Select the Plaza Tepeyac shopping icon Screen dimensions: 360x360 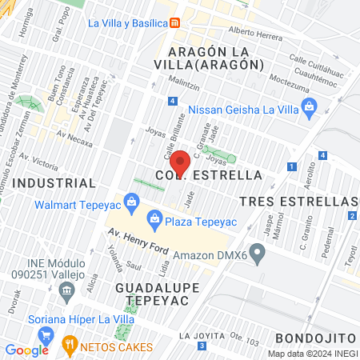(x=153, y=218)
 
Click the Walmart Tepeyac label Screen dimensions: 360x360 (x=82, y=203)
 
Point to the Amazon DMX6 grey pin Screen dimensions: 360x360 (x=257, y=255)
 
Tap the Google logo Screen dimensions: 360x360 (x=26, y=350)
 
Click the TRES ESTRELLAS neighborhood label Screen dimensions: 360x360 (x=299, y=199)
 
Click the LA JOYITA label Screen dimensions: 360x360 (x=196, y=334)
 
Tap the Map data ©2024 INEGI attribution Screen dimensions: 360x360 (x=310, y=353)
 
